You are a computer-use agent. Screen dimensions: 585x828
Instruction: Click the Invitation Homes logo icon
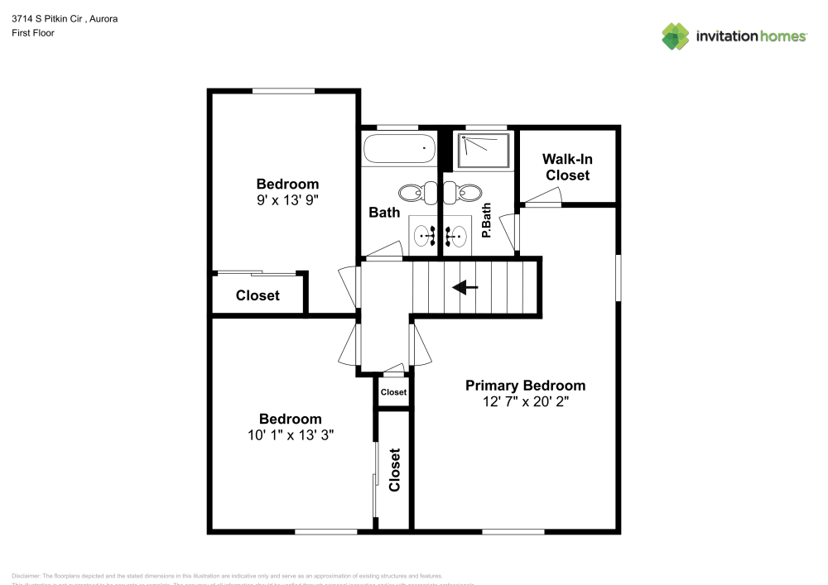coord(675,36)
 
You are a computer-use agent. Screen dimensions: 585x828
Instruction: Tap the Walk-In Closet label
coord(567,167)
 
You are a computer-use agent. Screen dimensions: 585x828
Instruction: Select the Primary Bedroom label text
coord(525,386)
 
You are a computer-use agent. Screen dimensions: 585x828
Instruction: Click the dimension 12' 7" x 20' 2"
coord(525,401)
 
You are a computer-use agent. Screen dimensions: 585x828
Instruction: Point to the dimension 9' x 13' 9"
coord(286,199)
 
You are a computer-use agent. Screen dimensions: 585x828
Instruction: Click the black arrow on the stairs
coord(465,287)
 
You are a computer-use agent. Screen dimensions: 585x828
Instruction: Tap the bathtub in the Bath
coord(399,150)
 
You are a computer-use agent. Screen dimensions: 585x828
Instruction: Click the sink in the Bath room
coord(426,236)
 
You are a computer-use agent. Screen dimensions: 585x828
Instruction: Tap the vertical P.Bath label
coord(487,221)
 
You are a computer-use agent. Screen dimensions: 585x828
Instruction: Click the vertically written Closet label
coord(394,470)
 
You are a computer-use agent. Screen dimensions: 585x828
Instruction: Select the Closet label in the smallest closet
coord(393,392)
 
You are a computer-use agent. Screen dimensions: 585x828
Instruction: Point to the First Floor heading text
coord(33,33)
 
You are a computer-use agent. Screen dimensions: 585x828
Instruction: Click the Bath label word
coord(384,213)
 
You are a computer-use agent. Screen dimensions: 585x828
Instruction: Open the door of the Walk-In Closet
coord(542,197)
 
